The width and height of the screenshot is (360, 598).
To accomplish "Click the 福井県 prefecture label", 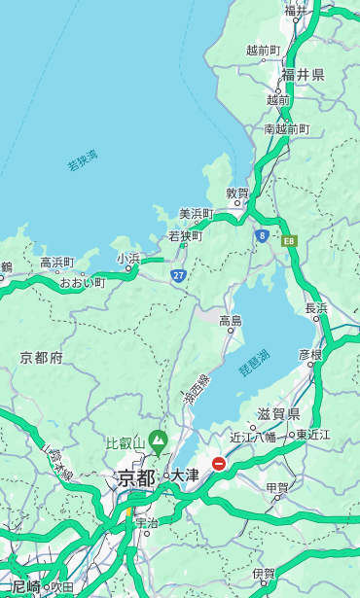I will [x=303, y=75].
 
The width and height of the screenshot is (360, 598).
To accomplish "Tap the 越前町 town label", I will [x=263, y=50].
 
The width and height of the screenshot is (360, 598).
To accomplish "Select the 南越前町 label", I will [x=286, y=128].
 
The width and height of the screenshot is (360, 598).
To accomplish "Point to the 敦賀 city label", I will [x=237, y=193].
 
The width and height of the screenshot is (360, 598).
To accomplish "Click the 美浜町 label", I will [x=196, y=214].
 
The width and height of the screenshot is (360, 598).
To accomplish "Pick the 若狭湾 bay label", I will [x=83, y=160].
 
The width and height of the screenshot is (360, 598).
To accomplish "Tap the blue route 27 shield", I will [x=179, y=276].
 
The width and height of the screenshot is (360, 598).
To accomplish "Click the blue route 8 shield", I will [x=262, y=235].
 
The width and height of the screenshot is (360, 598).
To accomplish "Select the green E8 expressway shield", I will [x=289, y=240].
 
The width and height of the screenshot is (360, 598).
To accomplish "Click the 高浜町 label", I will [x=56, y=263].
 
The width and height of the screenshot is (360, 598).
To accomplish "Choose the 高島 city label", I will [x=231, y=321].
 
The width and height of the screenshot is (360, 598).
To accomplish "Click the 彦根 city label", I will [x=309, y=355].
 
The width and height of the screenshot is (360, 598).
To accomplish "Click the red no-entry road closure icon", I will [x=219, y=464].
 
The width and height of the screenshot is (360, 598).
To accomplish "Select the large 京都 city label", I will [x=136, y=477].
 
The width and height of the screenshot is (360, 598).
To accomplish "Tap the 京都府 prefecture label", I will [x=42, y=358].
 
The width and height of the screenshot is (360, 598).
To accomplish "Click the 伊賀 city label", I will [x=263, y=574].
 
